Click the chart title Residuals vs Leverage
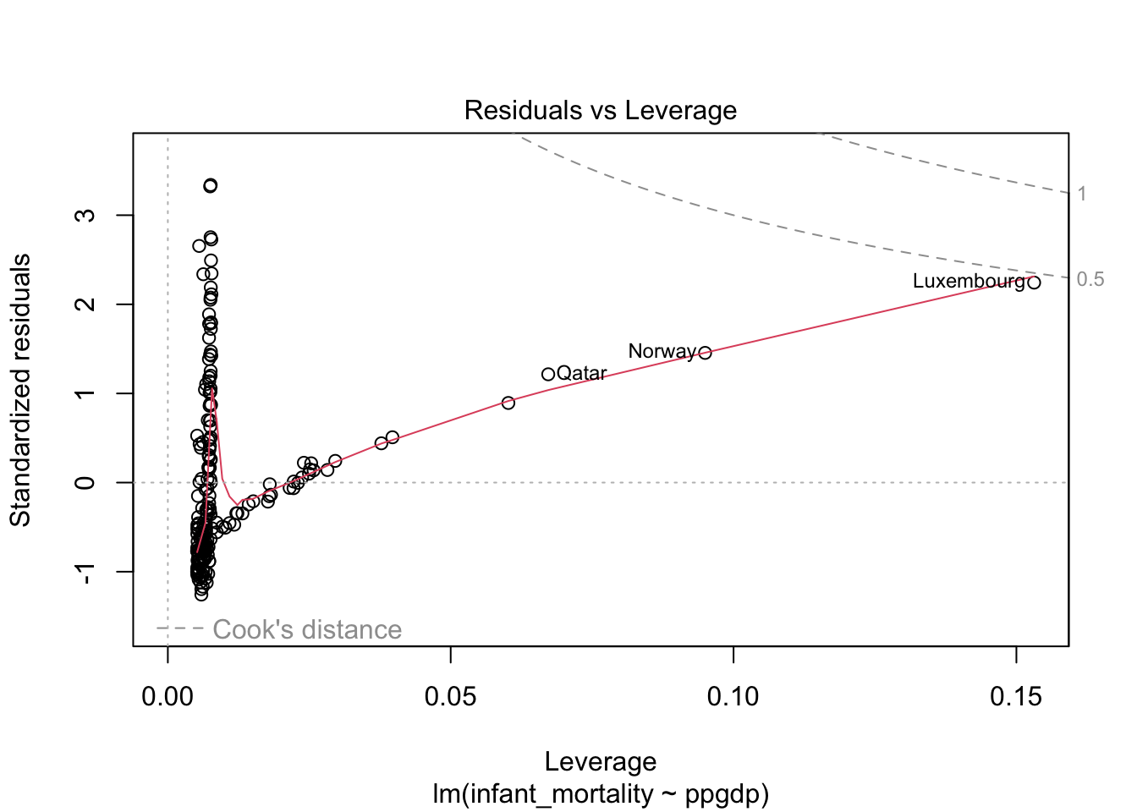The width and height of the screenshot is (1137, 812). (x=600, y=111)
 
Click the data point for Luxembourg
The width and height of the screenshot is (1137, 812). (x=1033, y=283)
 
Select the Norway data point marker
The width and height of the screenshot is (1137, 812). (x=705, y=353)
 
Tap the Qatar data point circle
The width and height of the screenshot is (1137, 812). (x=548, y=374)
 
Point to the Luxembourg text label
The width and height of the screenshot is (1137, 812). (x=968, y=281)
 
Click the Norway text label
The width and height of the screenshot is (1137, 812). (x=662, y=351)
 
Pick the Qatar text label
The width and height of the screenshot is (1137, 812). (x=582, y=373)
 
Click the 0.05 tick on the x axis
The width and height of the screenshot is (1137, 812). (x=450, y=697)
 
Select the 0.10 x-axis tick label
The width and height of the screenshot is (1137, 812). (x=733, y=697)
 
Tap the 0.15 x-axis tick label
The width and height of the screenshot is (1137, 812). (x=1015, y=697)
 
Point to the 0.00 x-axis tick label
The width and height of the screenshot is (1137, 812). (x=168, y=697)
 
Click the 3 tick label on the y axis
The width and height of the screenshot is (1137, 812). (x=85, y=215)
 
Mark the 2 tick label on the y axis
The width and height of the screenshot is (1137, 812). (x=85, y=304)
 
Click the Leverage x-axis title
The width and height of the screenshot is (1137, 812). (x=600, y=761)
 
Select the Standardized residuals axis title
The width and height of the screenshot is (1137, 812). (x=20, y=390)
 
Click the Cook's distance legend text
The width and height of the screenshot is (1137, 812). (x=307, y=629)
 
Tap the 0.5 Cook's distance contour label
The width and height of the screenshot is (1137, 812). (x=1090, y=279)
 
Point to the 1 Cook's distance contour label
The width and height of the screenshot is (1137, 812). (x=1081, y=194)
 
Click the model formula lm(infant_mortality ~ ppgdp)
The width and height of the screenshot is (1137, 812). (x=600, y=794)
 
